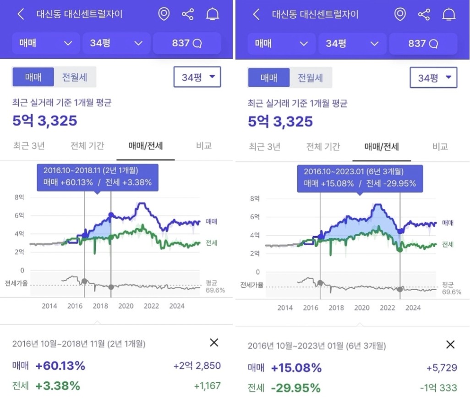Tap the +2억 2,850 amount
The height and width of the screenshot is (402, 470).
click(x=197, y=366)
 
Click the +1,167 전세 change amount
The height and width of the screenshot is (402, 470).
click(x=207, y=386)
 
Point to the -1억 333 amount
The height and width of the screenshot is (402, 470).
click(x=438, y=388)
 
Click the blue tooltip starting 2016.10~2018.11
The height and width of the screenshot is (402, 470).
click(x=98, y=177)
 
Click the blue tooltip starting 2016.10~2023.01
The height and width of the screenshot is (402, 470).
click(x=360, y=178)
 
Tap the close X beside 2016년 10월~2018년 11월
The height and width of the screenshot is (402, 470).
click(x=214, y=342)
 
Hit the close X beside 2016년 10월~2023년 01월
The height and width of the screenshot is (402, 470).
click(x=450, y=345)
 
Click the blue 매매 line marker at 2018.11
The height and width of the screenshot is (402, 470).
click(x=111, y=215)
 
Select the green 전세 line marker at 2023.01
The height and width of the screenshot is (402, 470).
click(x=400, y=250)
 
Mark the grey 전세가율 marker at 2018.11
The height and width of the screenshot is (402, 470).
click(x=111, y=287)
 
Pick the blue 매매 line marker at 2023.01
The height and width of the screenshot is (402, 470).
click(x=400, y=231)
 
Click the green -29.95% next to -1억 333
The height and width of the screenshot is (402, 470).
click(x=295, y=388)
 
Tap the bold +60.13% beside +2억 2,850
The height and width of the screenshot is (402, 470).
click(x=60, y=366)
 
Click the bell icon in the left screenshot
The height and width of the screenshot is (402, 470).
click(x=213, y=15)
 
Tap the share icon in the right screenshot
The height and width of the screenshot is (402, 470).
click(x=424, y=15)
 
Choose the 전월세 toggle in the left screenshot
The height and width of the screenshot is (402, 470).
click(x=75, y=77)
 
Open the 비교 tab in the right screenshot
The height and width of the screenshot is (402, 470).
click(x=440, y=147)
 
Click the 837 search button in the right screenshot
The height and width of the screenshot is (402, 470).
click(x=423, y=44)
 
